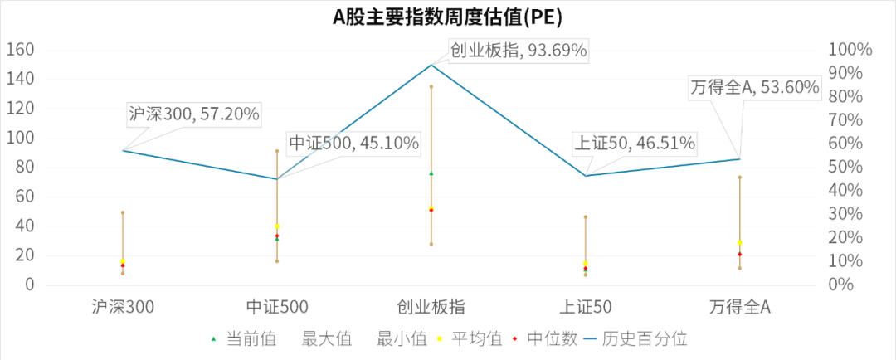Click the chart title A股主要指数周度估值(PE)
click(x=448, y=16)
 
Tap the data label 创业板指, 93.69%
click(x=519, y=51)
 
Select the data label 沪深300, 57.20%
click(x=193, y=114)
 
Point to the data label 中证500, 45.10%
click(x=353, y=144)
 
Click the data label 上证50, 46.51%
click(x=635, y=144)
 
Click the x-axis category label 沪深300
click(x=123, y=308)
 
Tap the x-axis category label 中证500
click(x=277, y=308)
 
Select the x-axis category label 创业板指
click(x=431, y=308)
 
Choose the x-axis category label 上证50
click(x=585, y=308)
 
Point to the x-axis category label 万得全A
click(x=739, y=308)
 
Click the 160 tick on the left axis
click(x=20, y=50)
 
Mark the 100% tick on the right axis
click(x=851, y=50)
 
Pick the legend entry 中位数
click(x=543, y=338)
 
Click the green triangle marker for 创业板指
click(x=431, y=173)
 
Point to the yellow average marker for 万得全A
click(x=739, y=243)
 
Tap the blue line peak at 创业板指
click(x=431, y=65)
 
